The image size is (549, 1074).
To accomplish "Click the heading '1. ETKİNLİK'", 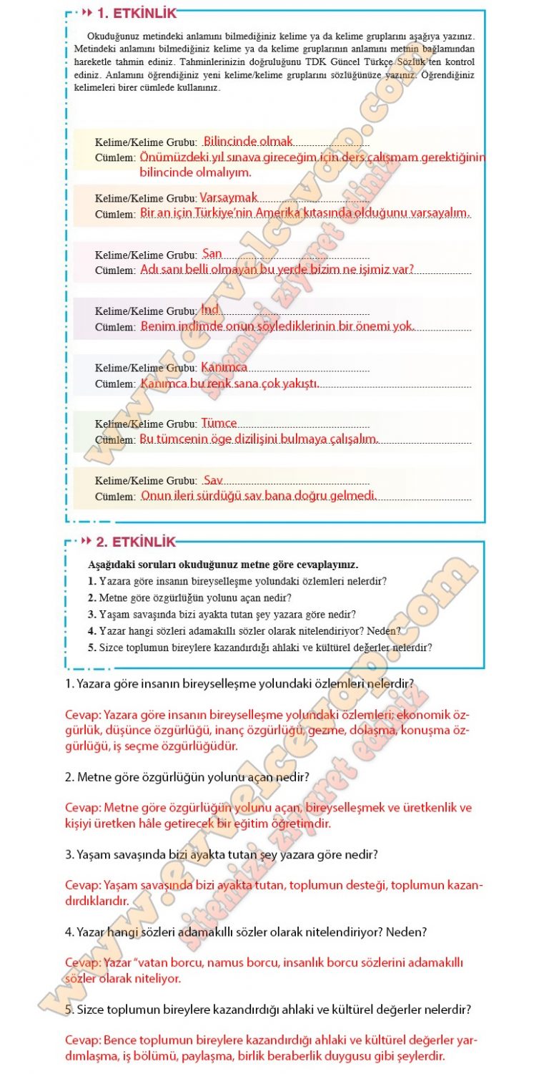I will click(136, 13).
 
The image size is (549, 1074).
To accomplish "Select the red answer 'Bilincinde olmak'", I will click(248, 141).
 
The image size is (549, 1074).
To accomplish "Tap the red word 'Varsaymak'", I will click(229, 197).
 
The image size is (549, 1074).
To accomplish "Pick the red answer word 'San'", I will click(212, 253).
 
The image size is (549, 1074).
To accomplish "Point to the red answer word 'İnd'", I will click(210, 309).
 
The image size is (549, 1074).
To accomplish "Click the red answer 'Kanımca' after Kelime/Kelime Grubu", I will click(224, 366).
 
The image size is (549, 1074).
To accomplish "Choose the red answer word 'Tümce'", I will click(219, 423).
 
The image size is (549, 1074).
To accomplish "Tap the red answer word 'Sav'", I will click(213, 479).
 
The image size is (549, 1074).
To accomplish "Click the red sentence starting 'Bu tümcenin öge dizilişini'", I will click(259, 439).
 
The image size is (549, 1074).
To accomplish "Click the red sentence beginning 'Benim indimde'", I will click(277, 326).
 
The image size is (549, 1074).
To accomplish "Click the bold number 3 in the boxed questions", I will click(91, 614).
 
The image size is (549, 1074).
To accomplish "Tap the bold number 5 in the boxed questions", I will click(91, 648).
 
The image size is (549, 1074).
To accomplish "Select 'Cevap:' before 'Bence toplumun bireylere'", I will click(83, 1040).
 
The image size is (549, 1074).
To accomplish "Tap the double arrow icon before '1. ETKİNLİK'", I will click(87, 13).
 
